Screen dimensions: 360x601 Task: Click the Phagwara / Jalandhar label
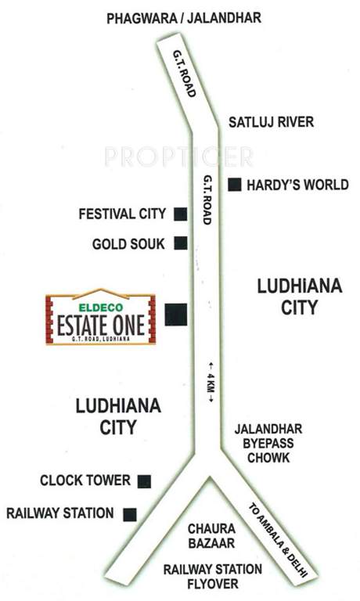183,16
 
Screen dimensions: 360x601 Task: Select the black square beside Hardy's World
234,185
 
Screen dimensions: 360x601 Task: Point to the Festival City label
123,214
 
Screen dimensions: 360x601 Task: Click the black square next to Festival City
180,214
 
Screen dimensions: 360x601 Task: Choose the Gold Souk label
128,243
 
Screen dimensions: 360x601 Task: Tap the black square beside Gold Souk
180,243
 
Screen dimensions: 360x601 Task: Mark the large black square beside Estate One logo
176,314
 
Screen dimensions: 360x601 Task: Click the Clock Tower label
85,480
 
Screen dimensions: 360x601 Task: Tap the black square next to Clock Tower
144,481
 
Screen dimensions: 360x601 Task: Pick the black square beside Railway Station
130,514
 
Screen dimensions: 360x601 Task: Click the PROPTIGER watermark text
178,157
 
